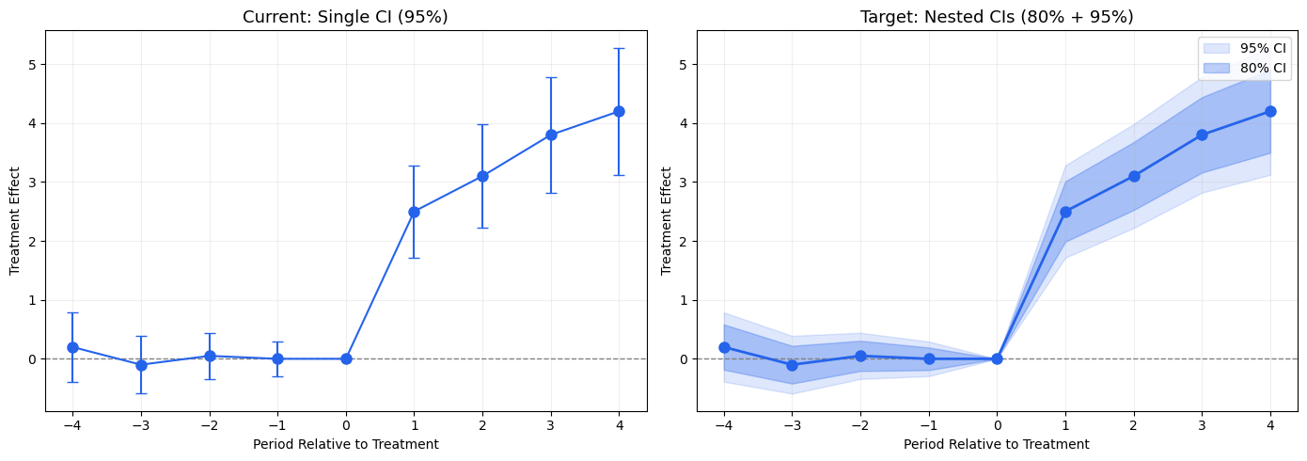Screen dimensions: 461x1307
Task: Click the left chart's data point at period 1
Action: [414, 212]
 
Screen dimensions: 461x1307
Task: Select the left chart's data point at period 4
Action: [619, 111]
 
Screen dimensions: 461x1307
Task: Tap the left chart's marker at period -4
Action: [72, 347]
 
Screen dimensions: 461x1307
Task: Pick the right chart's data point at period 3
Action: [1202, 135]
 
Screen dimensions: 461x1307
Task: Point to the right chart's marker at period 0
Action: [997, 358]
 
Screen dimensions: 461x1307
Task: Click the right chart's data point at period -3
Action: [792, 365]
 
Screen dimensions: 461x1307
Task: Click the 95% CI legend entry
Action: [1244, 48]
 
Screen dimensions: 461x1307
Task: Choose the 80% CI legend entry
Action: [1244, 68]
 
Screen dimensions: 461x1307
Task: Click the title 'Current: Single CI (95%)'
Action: [345, 17]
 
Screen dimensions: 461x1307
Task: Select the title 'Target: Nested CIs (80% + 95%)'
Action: [997, 17]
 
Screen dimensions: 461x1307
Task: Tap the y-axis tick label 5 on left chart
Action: [32, 64]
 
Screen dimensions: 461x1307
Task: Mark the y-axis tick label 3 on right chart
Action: [684, 182]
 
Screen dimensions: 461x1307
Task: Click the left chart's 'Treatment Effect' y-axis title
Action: [14, 221]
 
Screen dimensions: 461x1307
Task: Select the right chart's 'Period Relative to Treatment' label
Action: [997, 444]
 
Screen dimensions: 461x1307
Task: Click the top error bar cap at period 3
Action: [551, 77]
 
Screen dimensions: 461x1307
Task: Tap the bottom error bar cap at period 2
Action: [482, 228]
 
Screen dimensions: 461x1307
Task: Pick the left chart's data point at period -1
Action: [277, 358]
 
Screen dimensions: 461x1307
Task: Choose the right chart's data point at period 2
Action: [1134, 176]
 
